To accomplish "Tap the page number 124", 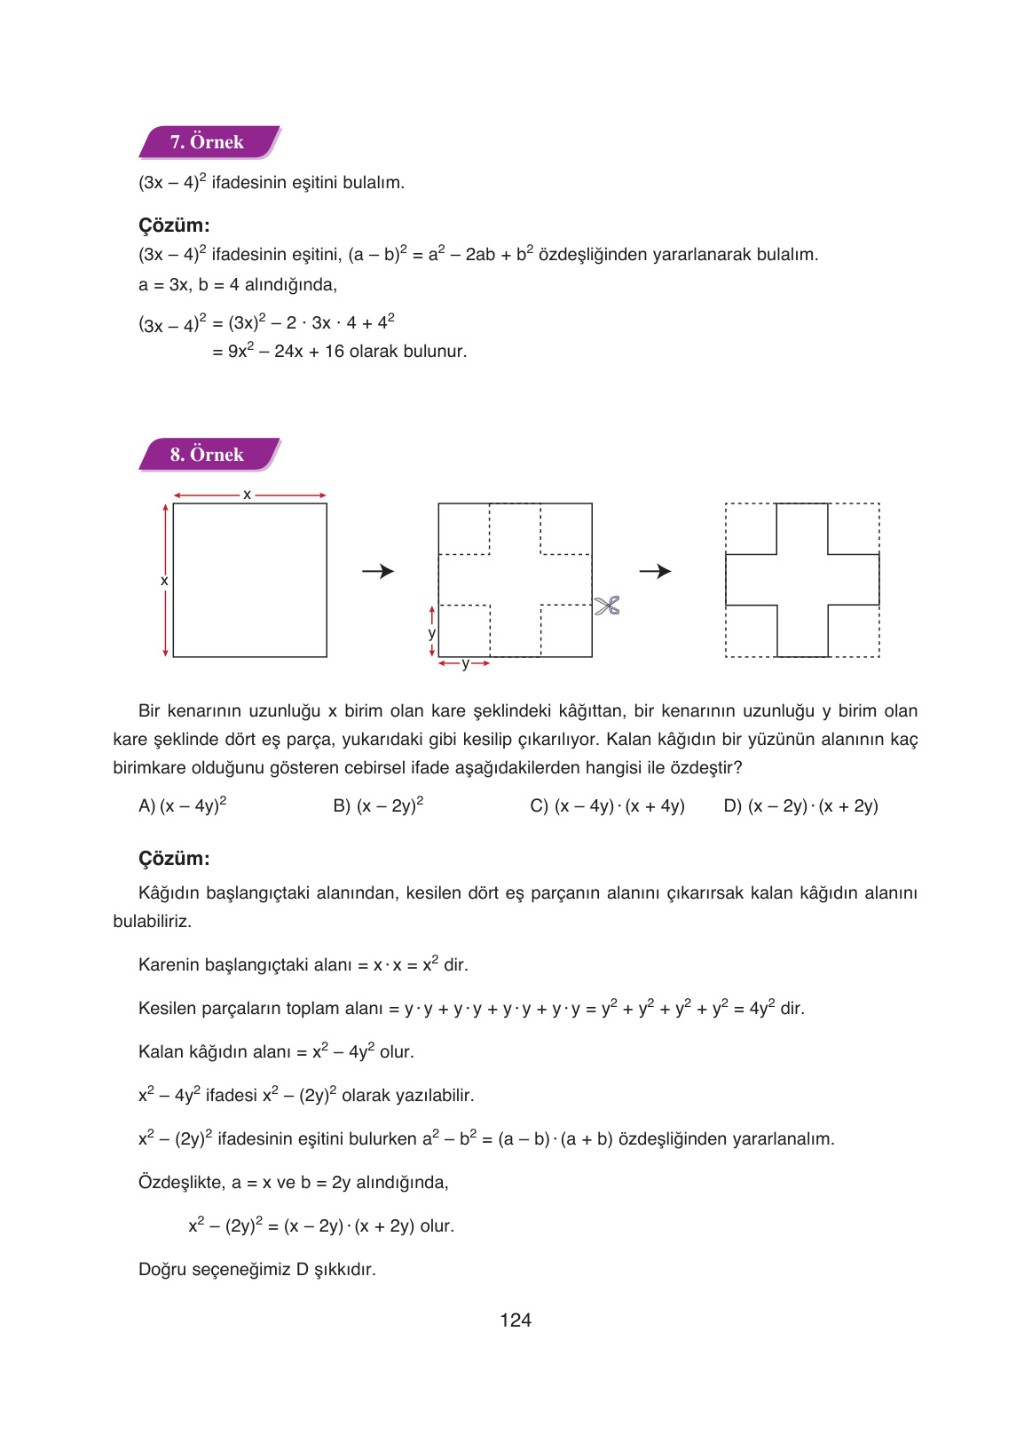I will tap(515, 1320).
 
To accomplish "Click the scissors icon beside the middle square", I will tap(607, 607).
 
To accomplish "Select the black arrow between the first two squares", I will tap(378, 571).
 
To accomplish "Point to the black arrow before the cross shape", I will tap(655, 571).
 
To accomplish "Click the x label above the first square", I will tap(247, 495).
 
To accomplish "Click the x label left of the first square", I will tap(164, 581).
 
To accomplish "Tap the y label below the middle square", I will tap(464, 663).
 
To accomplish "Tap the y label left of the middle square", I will tap(431, 633).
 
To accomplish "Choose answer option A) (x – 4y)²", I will tap(183, 805).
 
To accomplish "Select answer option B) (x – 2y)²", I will tap(378, 805).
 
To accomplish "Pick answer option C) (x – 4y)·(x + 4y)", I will tap(607, 805).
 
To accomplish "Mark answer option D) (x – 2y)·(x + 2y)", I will tap(800, 805).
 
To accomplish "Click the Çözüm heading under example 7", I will tap(174, 226).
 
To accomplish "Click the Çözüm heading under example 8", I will tap(174, 859).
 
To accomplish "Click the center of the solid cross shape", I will tap(802, 580).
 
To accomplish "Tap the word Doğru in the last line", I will tap(162, 1270).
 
